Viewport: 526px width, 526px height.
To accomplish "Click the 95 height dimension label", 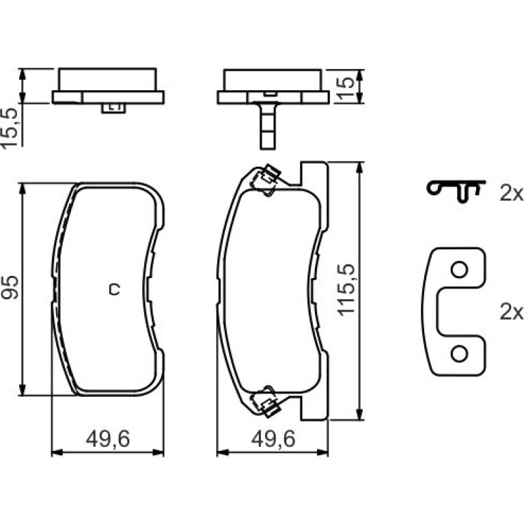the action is tap(10, 288).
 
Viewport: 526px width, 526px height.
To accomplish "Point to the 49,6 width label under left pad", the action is tap(108, 439).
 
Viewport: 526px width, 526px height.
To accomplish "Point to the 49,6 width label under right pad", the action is tap(273, 439).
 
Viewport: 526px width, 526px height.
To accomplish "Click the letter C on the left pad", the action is tap(114, 289).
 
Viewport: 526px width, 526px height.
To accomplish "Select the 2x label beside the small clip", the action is tap(511, 193).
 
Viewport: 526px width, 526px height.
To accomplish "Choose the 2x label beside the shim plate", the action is tap(511, 312).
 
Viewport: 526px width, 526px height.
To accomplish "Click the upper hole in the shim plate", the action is tap(459, 270).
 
